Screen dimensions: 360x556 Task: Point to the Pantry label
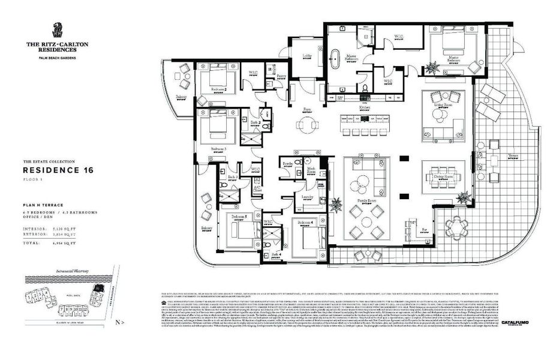pyautogui.click(x=281, y=76)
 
